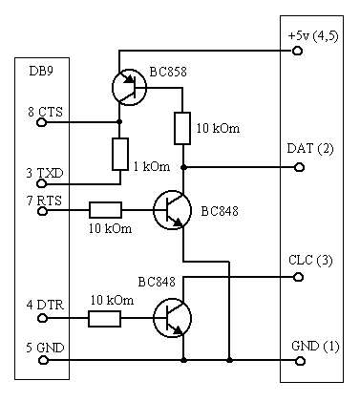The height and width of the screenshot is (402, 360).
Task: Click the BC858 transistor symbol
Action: (129, 88)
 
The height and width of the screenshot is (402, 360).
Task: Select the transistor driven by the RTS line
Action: (172, 210)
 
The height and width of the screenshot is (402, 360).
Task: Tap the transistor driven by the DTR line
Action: (172, 318)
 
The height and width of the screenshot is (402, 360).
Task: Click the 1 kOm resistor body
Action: (120, 154)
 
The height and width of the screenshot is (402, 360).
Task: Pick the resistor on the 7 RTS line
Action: (105, 210)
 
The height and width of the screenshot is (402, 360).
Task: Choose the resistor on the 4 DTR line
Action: (104, 319)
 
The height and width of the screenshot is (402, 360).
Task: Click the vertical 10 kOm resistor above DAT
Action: (182, 128)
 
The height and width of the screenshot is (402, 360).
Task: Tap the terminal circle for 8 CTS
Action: (41, 122)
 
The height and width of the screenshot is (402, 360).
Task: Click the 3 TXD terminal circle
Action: (42, 183)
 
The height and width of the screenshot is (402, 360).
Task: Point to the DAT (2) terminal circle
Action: (299, 167)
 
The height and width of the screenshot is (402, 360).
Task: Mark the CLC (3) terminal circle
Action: (298, 277)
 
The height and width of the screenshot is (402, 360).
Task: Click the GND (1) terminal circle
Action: (300, 361)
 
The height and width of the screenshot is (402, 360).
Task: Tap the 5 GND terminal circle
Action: (43, 360)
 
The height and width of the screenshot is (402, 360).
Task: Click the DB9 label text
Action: (41, 71)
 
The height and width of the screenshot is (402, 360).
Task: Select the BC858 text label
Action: (168, 72)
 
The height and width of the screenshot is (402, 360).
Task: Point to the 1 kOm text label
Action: (152, 166)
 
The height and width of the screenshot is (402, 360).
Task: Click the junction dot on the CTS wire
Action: (119, 122)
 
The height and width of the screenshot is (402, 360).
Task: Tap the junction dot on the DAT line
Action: (183, 167)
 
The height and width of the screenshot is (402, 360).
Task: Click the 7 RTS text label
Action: (44, 201)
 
